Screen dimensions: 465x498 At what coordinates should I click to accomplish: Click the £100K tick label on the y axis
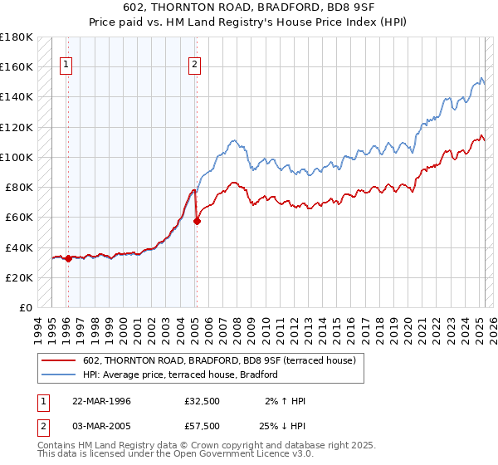coord(17,157)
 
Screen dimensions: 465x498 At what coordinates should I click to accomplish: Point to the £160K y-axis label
coord(17,66)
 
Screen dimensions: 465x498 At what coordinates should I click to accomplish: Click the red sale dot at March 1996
coord(68,258)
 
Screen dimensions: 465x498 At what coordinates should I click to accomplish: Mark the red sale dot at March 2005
coord(197,221)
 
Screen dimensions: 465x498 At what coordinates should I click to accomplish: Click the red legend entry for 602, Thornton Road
coord(219,360)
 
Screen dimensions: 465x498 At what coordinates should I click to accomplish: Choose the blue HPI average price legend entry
coord(179,374)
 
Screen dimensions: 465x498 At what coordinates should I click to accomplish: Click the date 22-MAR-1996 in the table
coord(102,401)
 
